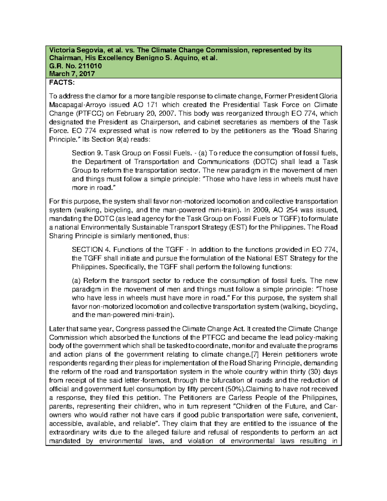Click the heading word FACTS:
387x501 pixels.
[62, 83]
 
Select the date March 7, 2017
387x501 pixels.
[72, 74]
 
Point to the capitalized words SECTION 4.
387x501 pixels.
[92, 250]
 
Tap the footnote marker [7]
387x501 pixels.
[255, 355]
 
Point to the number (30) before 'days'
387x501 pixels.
[315, 372]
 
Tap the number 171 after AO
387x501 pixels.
[152, 105]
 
